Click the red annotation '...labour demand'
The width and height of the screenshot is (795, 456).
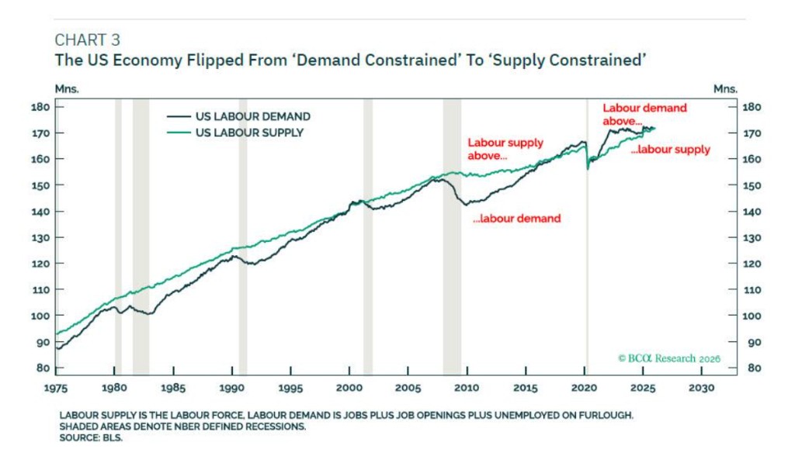tap(516, 219)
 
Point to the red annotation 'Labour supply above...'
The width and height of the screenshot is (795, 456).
tap(505, 149)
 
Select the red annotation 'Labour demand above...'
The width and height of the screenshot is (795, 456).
tap(644, 115)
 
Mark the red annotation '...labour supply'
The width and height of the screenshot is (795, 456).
tap(670, 150)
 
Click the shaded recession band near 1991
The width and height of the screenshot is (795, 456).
tap(243, 233)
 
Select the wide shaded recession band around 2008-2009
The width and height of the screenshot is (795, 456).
tap(452, 233)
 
